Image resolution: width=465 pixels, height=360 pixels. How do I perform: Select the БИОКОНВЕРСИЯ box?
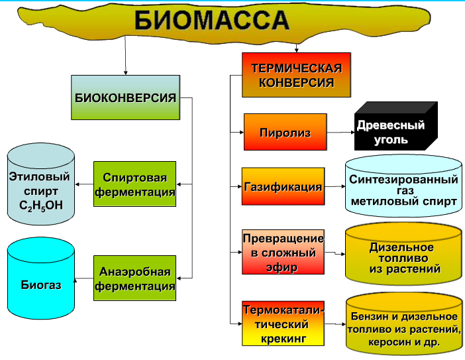[126, 97]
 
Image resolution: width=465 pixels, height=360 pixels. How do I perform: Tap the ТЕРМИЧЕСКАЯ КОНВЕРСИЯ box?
[296, 76]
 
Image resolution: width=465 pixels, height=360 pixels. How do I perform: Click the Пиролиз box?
[285, 133]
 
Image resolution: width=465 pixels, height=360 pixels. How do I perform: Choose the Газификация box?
[283, 187]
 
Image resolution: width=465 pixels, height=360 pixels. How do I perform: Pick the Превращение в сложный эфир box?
[283, 253]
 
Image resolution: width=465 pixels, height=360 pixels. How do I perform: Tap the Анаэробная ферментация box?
[134, 279]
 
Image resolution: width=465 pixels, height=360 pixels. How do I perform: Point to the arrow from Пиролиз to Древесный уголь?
[340, 133]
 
